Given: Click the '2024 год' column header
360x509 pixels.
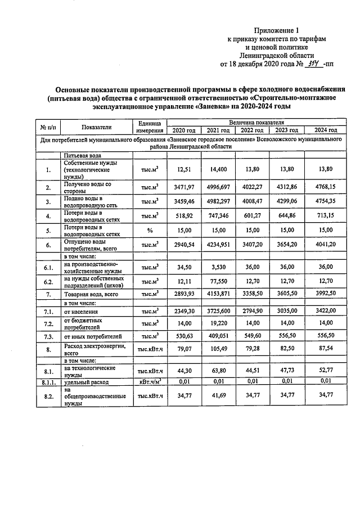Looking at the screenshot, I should tap(325, 130).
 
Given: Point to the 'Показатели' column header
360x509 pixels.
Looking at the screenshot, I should tap(96, 127).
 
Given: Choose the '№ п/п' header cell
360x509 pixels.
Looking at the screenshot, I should tap(49, 127).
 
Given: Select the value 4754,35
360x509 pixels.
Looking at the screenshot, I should tap(325, 200).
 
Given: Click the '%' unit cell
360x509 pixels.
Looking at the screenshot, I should tap(150, 229).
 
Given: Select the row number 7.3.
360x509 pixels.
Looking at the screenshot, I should tap(48, 336).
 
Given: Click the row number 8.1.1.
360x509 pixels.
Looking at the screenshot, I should tap(48, 382).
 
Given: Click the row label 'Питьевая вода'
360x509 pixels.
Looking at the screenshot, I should tap(83, 155).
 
